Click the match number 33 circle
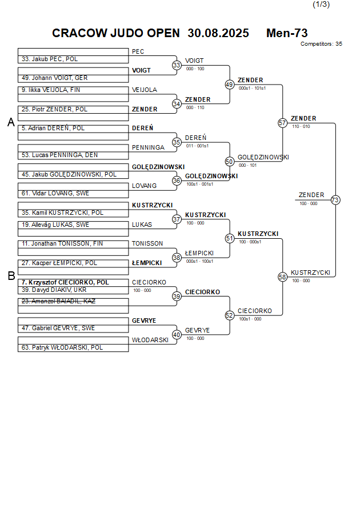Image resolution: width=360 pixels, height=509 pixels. [177, 65]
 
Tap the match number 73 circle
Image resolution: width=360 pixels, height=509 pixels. [335, 200]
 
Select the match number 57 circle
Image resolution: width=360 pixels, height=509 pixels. [282, 123]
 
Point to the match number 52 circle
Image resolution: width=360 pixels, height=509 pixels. [230, 315]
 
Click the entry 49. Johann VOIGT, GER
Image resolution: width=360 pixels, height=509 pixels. [54, 78]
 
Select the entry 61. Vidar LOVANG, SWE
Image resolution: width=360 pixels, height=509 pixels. [55, 194]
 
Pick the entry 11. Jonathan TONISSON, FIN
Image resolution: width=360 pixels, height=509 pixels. [63, 243]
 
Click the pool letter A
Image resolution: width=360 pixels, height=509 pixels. [11, 122]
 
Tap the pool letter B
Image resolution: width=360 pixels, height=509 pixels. [11, 276]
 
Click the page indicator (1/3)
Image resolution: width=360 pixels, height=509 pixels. [321, 5]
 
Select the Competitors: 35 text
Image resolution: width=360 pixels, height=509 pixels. [321, 43]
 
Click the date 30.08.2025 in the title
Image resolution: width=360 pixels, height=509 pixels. [218, 33]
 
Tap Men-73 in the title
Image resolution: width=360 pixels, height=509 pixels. [287, 33]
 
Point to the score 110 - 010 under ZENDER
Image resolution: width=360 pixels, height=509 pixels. [301, 126]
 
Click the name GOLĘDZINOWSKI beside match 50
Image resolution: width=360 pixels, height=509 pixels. [263, 157]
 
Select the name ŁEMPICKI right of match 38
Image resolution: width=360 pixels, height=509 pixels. [199, 253]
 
